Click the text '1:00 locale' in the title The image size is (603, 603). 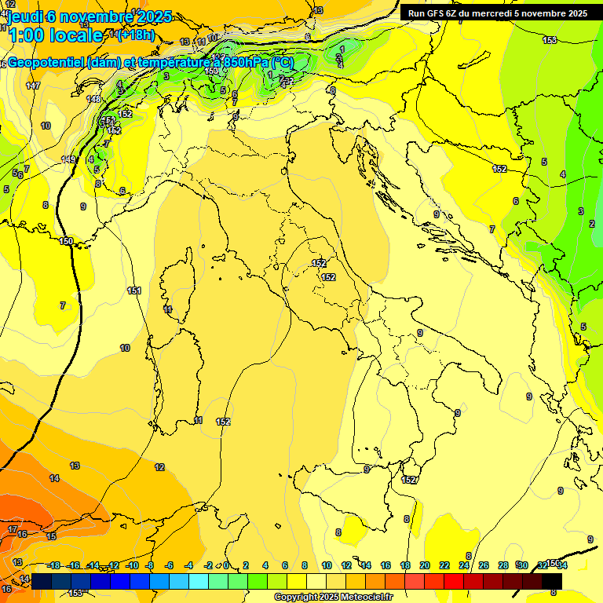pyautogui.click(x=55, y=35)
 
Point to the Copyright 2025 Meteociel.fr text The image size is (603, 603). pyautogui.click(x=333, y=597)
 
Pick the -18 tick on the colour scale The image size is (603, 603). pyautogui.click(x=53, y=565)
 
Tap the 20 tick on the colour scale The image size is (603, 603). pyautogui.click(x=425, y=565)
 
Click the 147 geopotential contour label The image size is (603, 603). pyautogui.click(x=33, y=86)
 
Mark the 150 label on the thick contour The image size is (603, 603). pyautogui.click(x=67, y=241)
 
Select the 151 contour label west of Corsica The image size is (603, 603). pyautogui.click(x=134, y=291)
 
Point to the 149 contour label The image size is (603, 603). pyautogui.click(x=68, y=159)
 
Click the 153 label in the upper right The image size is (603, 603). pyautogui.click(x=550, y=40)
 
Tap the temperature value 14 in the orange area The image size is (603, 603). pyautogui.click(x=54, y=477)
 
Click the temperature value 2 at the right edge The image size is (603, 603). pyautogui.click(x=591, y=224)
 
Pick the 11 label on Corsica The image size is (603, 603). pyautogui.click(x=168, y=309)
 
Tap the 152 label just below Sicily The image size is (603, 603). pyautogui.click(x=409, y=480)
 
